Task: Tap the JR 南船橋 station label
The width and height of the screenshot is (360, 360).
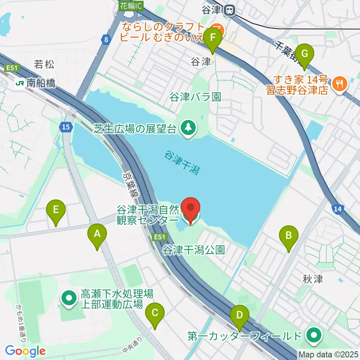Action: pos(36,83)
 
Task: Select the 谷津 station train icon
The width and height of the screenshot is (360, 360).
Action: pos(229,10)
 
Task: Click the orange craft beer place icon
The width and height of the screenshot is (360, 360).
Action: pos(217,30)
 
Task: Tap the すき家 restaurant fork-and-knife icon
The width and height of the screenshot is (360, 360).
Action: pos(340,84)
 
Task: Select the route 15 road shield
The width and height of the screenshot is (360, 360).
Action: pos(66,127)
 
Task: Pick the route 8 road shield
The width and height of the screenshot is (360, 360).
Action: pos(106,39)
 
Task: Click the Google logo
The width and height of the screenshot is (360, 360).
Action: pos(25,351)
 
